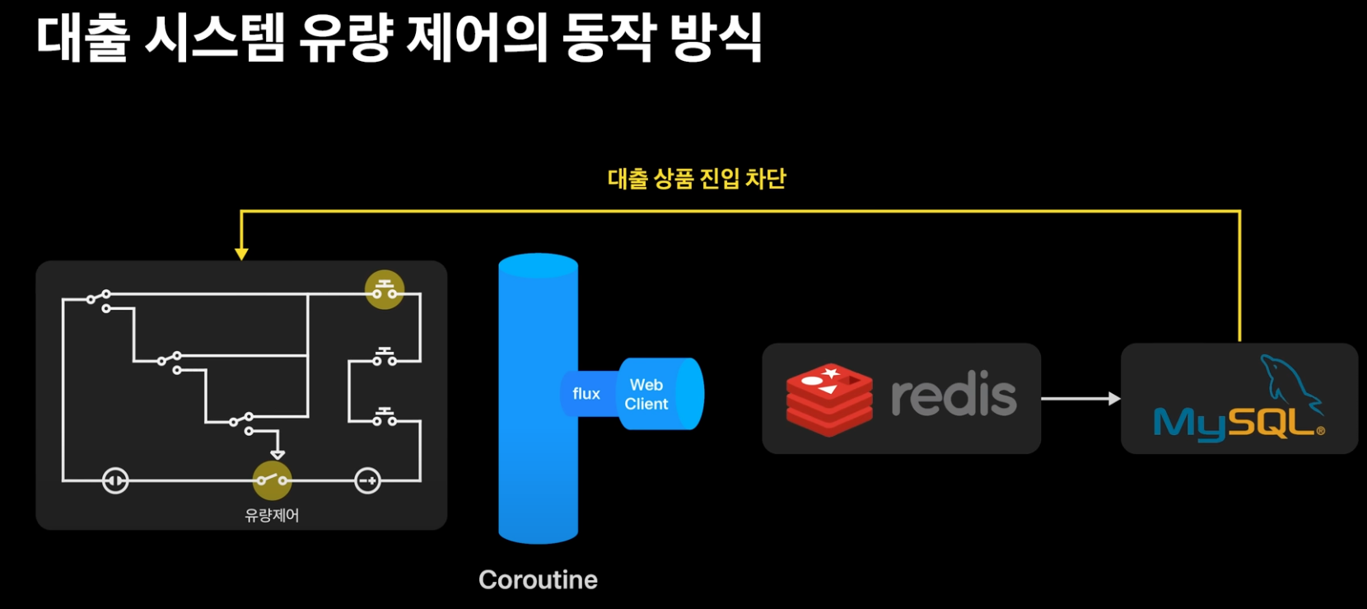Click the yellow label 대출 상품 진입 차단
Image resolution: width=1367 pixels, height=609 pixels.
pyautogui.click(x=697, y=179)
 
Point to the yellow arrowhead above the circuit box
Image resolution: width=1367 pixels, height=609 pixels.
pyautogui.click(x=241, y=254)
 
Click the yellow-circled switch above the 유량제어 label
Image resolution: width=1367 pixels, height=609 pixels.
pyautogui.click(x=272, y=480)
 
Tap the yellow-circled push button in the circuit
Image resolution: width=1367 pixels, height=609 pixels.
pyautogui.click(x=385, y=290)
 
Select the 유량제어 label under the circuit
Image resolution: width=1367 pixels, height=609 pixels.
pyautogui.click(x=272, y=516)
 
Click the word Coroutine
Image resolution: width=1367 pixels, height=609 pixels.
pyautogui.click(x=538, y=580)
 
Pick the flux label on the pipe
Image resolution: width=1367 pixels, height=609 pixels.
pyautogui.click(x=586, y=394)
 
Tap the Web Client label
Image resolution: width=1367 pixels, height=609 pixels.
pyautogui.click(x=646, y=395)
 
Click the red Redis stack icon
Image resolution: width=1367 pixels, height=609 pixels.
pyautogui.click(x=828, y=399)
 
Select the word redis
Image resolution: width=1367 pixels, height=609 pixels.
pyautogui.click(x=954, y=396)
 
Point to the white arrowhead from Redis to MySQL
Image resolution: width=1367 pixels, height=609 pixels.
pyautogui.click(x=1114, y=399)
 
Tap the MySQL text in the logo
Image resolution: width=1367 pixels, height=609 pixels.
pyautogui.click(x=1233, y=424)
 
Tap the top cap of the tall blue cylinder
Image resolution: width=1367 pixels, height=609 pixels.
pyautogui.click(x=538, y=265)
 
